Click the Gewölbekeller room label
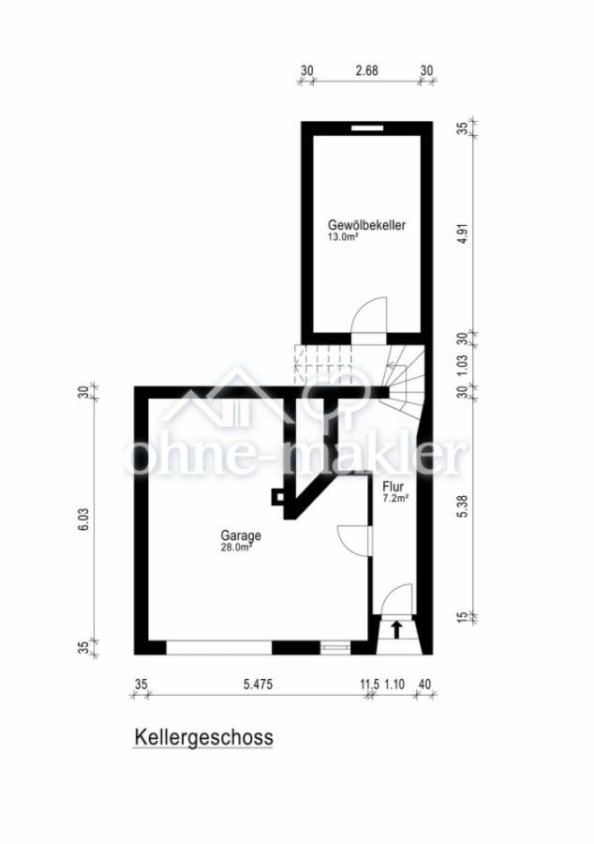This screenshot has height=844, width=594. pyautogui.click(x=367, y=225)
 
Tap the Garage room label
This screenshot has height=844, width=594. pyautogui.click(x=241, y=535)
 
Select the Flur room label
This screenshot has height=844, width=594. pyautogui.click(x=393, y=488)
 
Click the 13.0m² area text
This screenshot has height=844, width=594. pyautogui.click(x=343, y=236)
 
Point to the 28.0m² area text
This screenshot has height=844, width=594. pyautogui.click(x=236, y=548)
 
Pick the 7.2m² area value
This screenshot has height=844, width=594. pyautogui.click(x=395, y=499)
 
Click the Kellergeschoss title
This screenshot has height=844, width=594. pyautogui.click(x=203, y=737)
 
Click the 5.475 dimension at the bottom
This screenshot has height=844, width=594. pyautogui.click(x=258, y=685)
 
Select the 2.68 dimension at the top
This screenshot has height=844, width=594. pyautogui.click(x=366, y=70)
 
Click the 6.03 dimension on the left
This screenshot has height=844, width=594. pyautogui.click(x=84, y=520)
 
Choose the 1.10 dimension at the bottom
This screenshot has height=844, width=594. pyautogui.click(x=394, y=685)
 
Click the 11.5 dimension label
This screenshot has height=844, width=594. pyautogui.click(x=370, y=685)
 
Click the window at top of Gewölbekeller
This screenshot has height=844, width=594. pyautogui.click(x=367, y=128)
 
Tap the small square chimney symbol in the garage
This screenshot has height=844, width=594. pyautogui.click(x=277, y=497)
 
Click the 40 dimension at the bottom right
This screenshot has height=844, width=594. pyautogui.click(x=424, y=685)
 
